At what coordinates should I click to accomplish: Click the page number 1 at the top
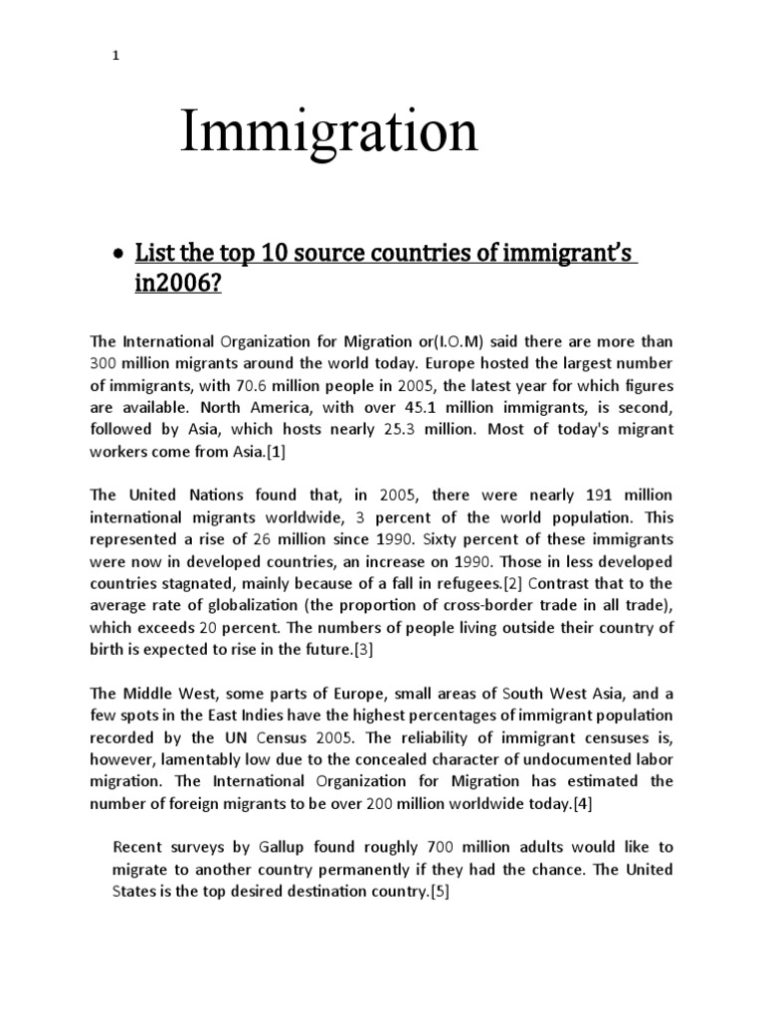pos(115,56)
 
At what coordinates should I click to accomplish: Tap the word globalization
pos(227,604)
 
